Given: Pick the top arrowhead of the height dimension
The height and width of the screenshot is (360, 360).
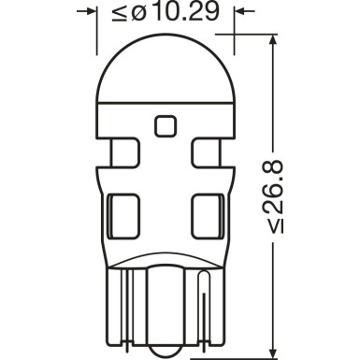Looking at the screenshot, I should [272, 46].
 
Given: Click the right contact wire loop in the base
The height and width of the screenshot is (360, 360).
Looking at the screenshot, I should [206, 299].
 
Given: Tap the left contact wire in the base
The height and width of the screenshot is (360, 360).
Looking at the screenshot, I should [129, 299].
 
